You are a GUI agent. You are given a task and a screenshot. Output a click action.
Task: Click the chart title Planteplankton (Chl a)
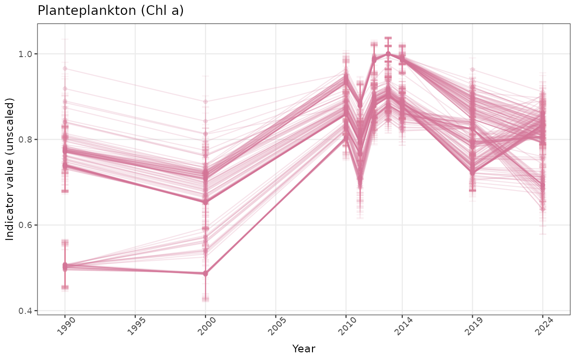tap(110, 11)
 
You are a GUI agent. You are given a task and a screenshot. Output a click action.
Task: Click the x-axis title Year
tap(303, 349)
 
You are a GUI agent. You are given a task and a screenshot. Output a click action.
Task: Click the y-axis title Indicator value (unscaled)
tap(10, 169)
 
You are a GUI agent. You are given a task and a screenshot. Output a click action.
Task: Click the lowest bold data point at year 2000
tap(205, 273)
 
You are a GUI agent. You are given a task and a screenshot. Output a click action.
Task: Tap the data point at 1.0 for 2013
tap(388, 54)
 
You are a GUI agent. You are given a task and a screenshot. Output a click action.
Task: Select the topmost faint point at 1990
tap(65, 68)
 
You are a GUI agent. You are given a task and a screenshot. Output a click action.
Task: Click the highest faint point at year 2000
tap(205, 101)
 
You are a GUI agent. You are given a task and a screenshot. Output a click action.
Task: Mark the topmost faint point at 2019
tap(472, 70)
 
